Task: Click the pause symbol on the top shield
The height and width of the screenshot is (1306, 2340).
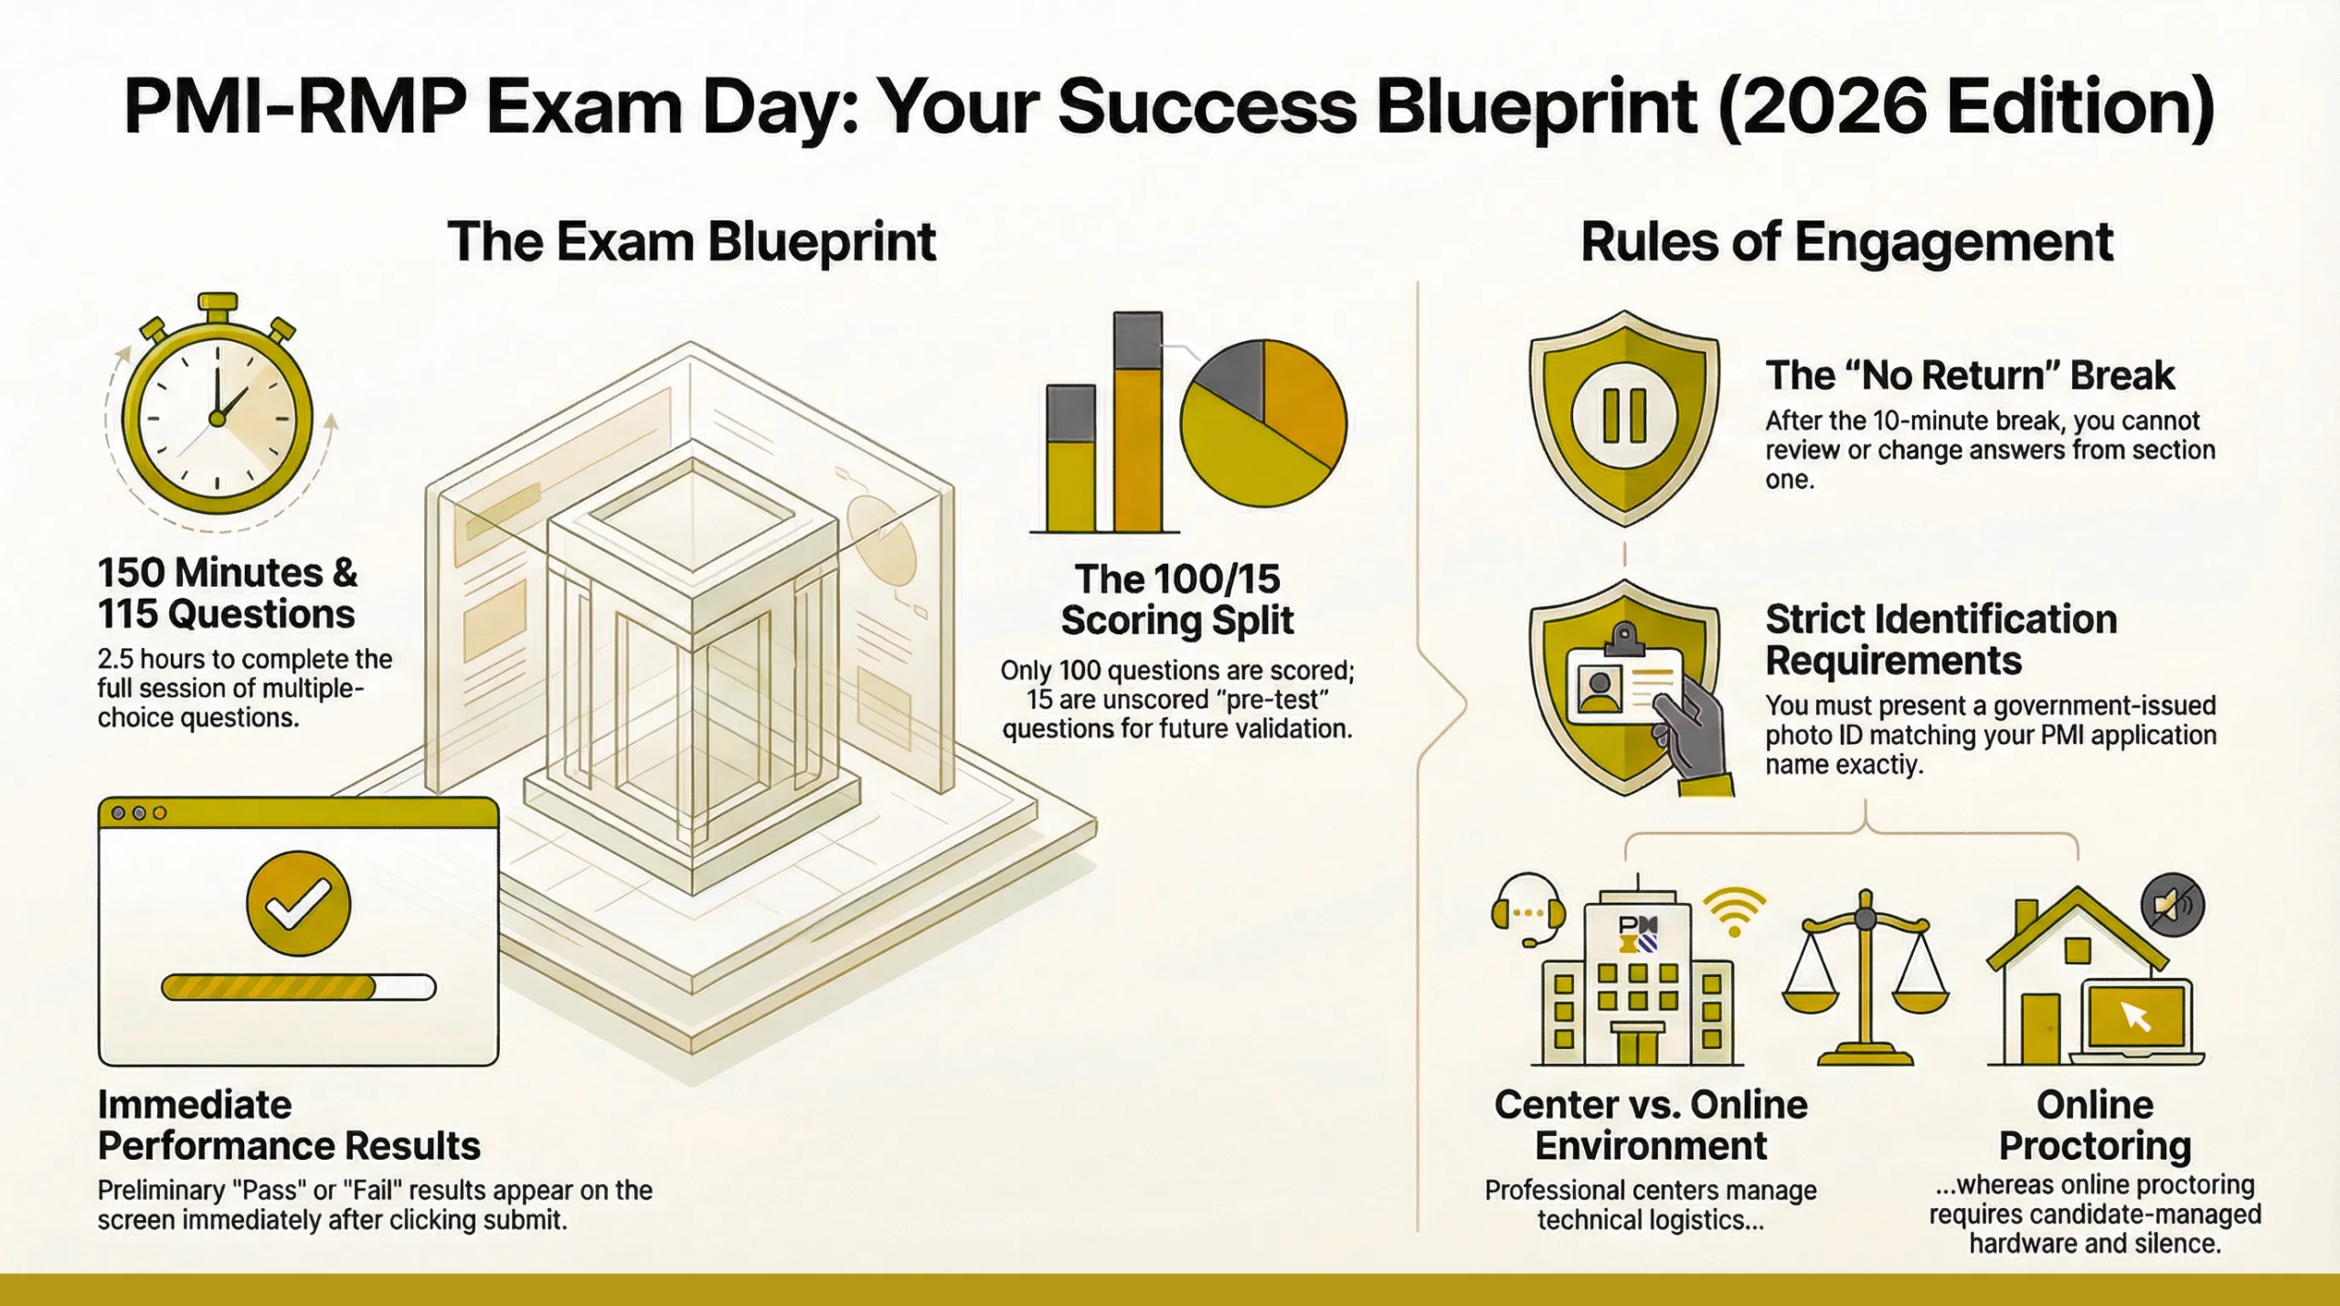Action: pyautogui.click(x=1624, y=416)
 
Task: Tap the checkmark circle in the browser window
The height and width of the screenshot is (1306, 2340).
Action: pyautogui.click(x=298, y=903)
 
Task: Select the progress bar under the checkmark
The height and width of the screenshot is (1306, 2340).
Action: pyautogui.click(x=298, y=987)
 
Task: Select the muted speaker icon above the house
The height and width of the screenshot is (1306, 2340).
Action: pyautogui.click(x=2173, y=905)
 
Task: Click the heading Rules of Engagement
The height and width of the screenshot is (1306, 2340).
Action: pyautogui.click(x=1846, y=242)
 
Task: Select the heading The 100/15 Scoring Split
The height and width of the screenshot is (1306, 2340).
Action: pyautogui.click(x=1177, y=600)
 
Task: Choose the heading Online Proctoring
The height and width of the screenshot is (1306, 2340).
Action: pyautogui.click(x=2095, y=1125)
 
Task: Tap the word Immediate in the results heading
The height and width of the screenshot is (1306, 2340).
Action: pyautogui.click(x=195, y=1105)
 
